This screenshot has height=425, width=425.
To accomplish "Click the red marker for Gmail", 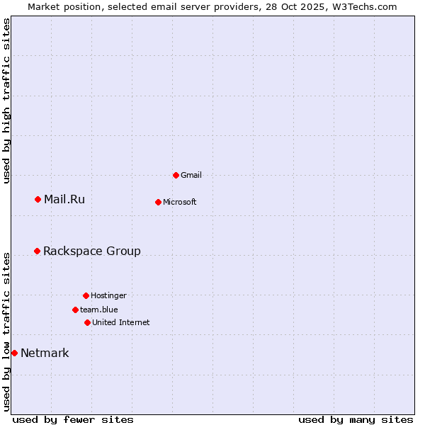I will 176,175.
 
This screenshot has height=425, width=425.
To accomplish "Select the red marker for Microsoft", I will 158,202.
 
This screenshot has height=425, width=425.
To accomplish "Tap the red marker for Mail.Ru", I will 38,199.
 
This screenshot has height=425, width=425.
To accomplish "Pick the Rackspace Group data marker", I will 37,251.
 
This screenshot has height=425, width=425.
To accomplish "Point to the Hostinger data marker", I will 86,295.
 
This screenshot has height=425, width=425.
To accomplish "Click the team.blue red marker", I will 75,310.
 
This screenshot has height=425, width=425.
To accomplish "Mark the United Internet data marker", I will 87,322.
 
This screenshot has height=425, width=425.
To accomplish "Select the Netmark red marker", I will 14,353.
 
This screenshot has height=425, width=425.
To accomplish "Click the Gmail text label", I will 191,175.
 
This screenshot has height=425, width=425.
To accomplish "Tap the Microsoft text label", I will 180,202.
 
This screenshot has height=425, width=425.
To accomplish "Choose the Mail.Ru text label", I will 64,199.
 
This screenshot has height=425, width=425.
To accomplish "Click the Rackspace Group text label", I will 92,251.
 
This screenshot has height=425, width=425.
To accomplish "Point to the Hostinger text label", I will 108,295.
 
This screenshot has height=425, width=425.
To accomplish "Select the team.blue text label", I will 99,310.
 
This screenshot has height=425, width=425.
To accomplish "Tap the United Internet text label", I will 121,322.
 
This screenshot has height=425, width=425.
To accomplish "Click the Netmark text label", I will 45,353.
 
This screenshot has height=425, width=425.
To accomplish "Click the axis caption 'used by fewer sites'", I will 73,419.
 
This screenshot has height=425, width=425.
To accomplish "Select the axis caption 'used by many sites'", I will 356,419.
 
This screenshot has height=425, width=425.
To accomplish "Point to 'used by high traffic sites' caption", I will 7,101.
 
